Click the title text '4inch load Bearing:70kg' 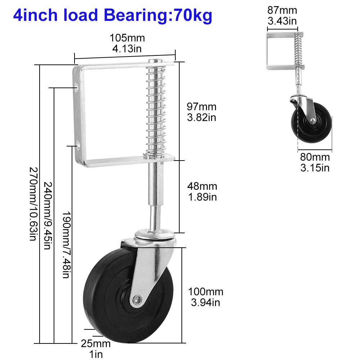point(112,15)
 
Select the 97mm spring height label point(201,112)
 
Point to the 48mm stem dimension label point(202,192)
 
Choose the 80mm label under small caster point(315,162)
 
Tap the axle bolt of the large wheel point(136,299)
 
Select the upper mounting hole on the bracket point(77,86)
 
